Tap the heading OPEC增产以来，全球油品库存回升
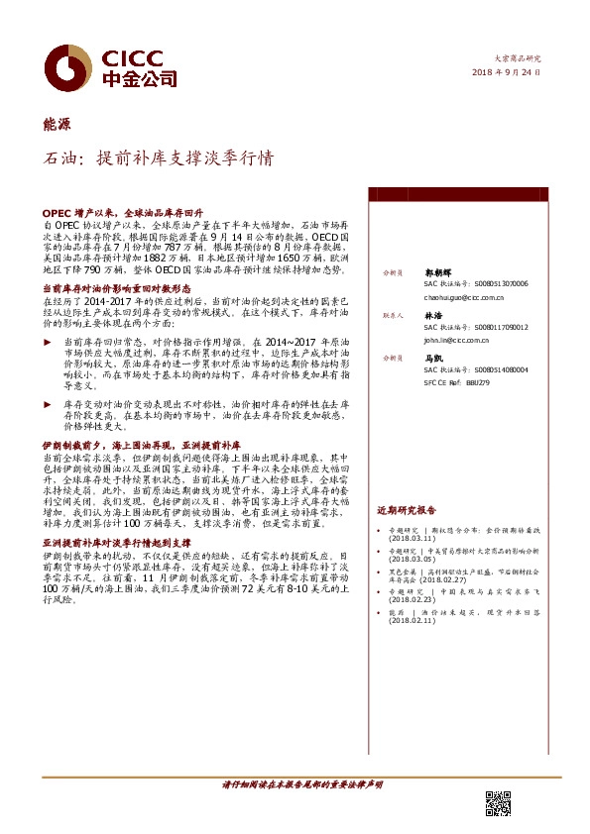[x=123, y=213]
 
